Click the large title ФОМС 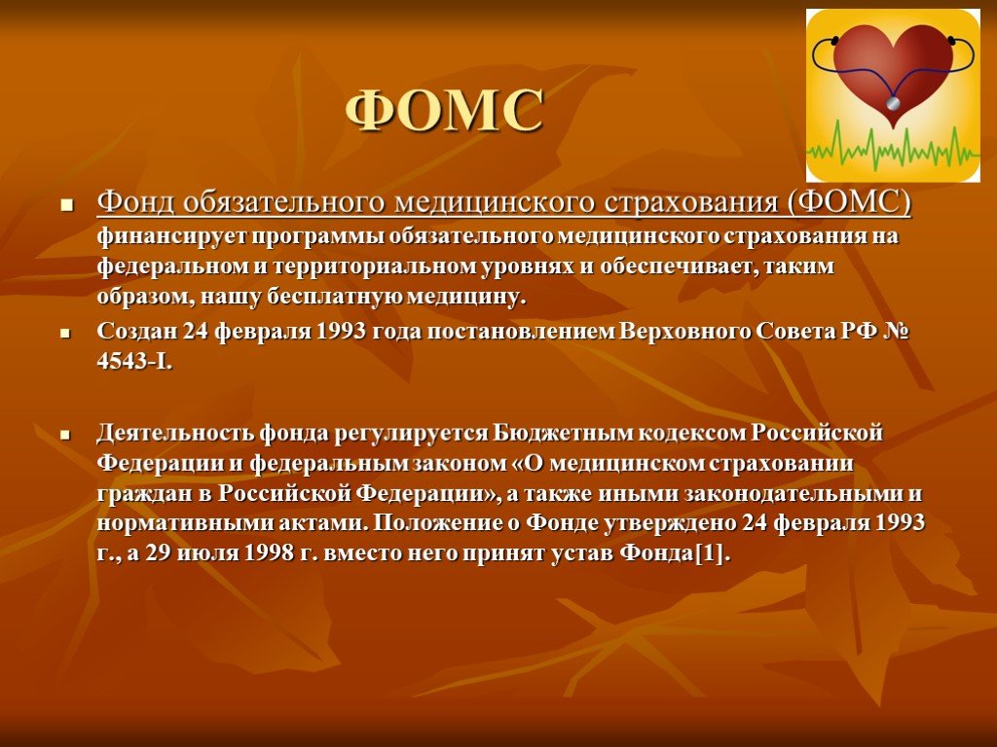(x=444, y=110)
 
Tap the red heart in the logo (x=893, y=70)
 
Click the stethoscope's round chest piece (x=894, y=103)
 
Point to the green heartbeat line (x=893, y=147)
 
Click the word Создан (x=136, y=332)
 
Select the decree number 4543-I (x=134, y=362)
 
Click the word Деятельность (x=175, y=433)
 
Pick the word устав (x=582, y=553)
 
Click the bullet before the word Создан (x=65, y=333)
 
